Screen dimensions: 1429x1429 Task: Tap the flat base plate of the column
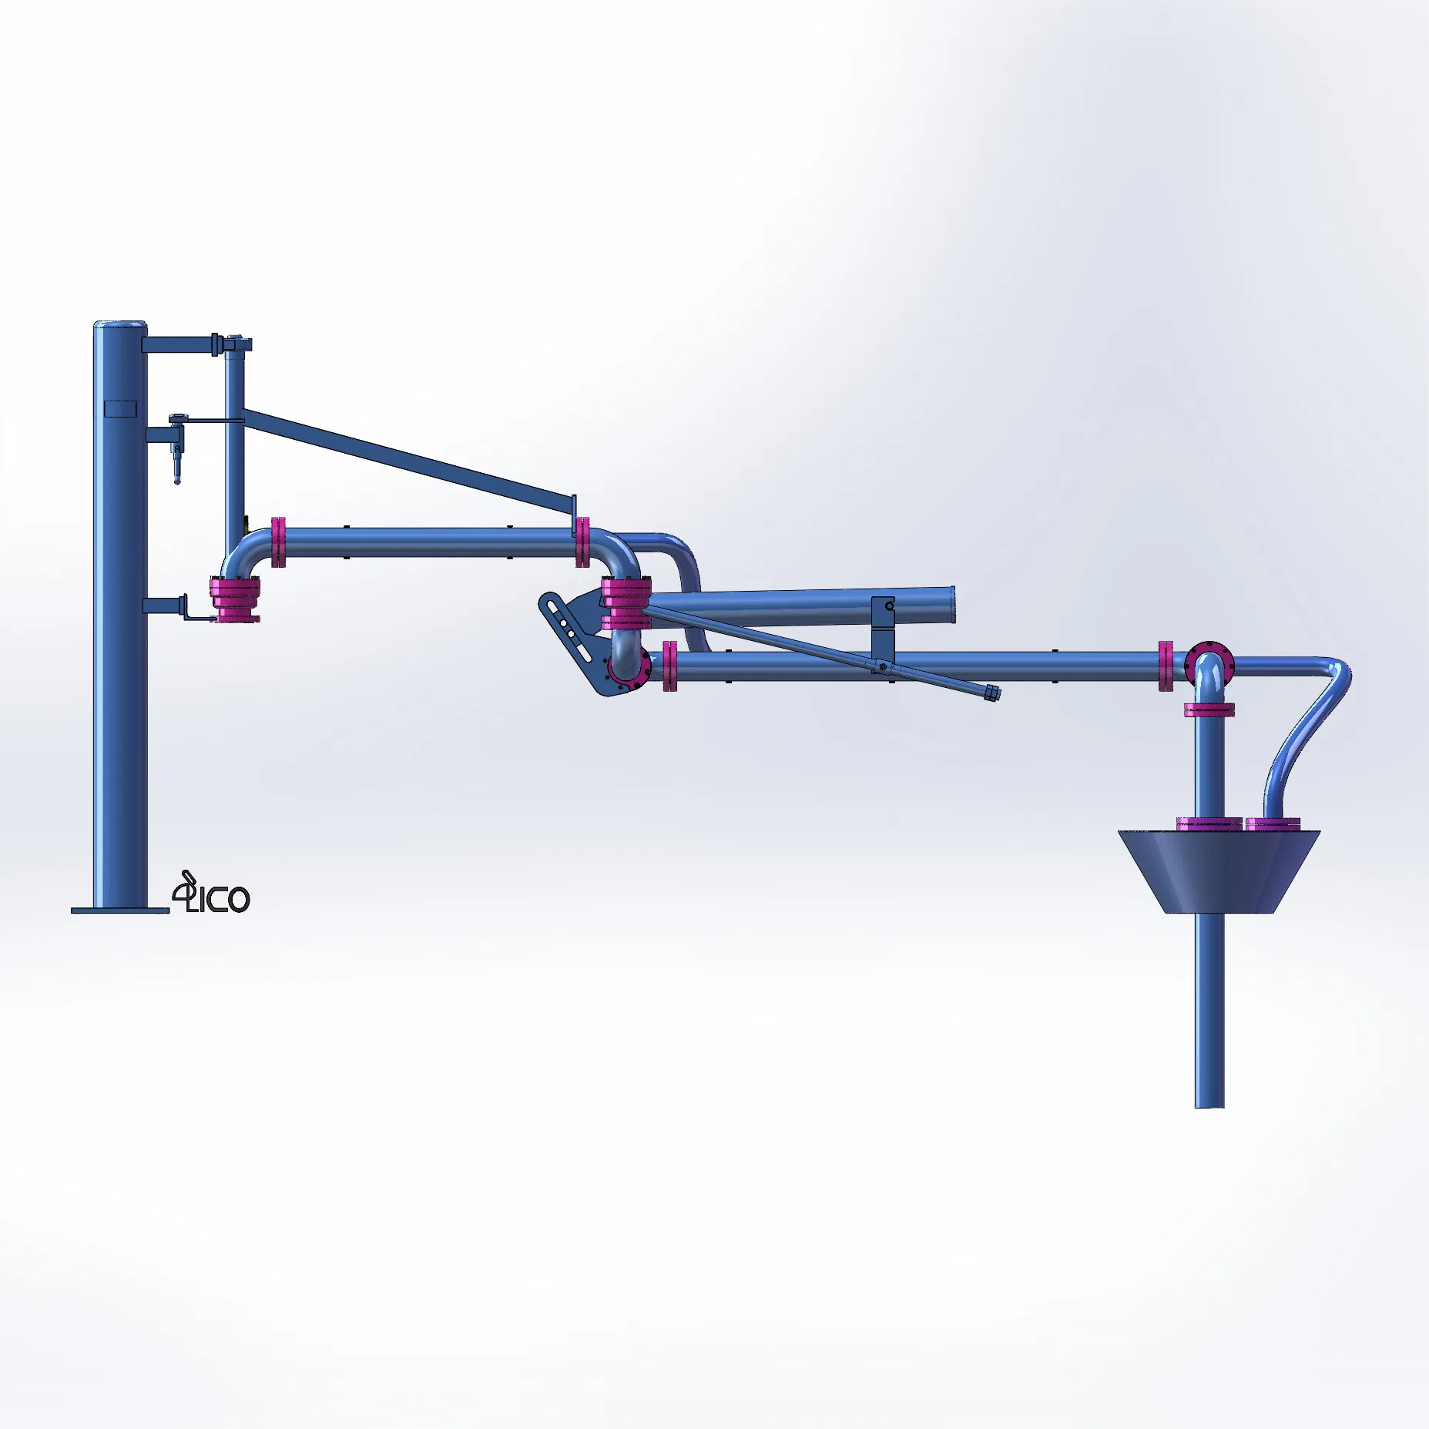coord(119,911)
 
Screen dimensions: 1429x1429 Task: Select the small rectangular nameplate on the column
coord(119,408)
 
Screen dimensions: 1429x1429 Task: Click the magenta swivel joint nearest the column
coord(236,599)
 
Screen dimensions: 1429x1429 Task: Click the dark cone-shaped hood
coord(1219,871)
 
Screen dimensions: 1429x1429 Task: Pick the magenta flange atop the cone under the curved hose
coord(1273,824)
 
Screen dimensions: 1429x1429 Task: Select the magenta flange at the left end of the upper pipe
coord(278,542)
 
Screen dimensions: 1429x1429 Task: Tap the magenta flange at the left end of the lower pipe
coord(669,666)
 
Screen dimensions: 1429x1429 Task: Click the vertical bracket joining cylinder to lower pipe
coord(883,636)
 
